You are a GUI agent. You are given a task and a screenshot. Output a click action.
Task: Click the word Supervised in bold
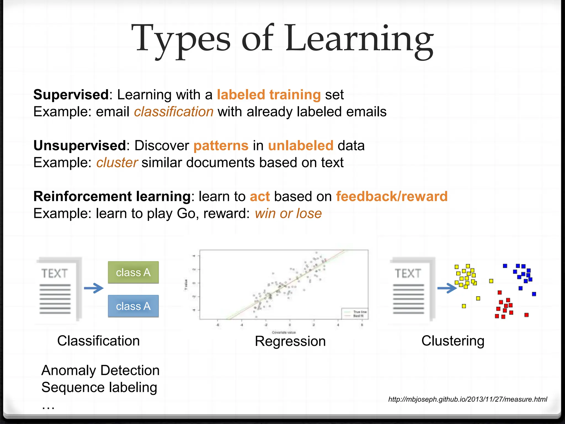click(x=71, y=95)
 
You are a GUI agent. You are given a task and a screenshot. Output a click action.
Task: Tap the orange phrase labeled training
click(x=269, y=95)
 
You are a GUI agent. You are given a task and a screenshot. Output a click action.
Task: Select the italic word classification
click(x=174, y=112)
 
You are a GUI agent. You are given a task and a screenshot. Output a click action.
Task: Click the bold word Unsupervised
click(x=80, y=145)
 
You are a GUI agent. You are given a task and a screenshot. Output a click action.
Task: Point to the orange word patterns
click(x=221, y=145)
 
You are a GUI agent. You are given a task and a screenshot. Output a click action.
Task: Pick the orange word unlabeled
click(x=301, y=145)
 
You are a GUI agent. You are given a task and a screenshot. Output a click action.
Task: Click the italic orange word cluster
click(x=117, y=163)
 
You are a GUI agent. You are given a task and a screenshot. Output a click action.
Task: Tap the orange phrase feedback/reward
click(x=392, y=197)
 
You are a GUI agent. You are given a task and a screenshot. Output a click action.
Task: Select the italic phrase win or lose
click(x=288, y=214)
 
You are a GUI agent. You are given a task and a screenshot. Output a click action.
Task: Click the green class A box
click(x=133, y=272)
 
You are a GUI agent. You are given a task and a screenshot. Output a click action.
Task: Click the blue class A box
click(x=133, y=306)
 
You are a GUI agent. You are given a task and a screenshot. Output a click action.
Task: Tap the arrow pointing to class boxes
click(x=94, y=288)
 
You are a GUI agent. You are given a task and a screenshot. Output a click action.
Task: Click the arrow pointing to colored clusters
click(x=447, y=288)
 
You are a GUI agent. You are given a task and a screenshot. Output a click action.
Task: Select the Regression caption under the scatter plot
click(x=290, y=341)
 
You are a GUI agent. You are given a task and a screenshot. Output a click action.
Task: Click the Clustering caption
click(x=453, y=341)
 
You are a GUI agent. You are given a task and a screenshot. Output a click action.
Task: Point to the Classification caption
click(x=98, y=341)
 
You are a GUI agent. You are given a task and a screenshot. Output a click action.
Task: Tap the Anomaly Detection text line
click(x=100, y=370)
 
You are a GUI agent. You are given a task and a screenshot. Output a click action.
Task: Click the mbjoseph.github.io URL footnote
click(x=468, y=399)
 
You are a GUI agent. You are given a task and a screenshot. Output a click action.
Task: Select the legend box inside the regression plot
click(x=354, y=314)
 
